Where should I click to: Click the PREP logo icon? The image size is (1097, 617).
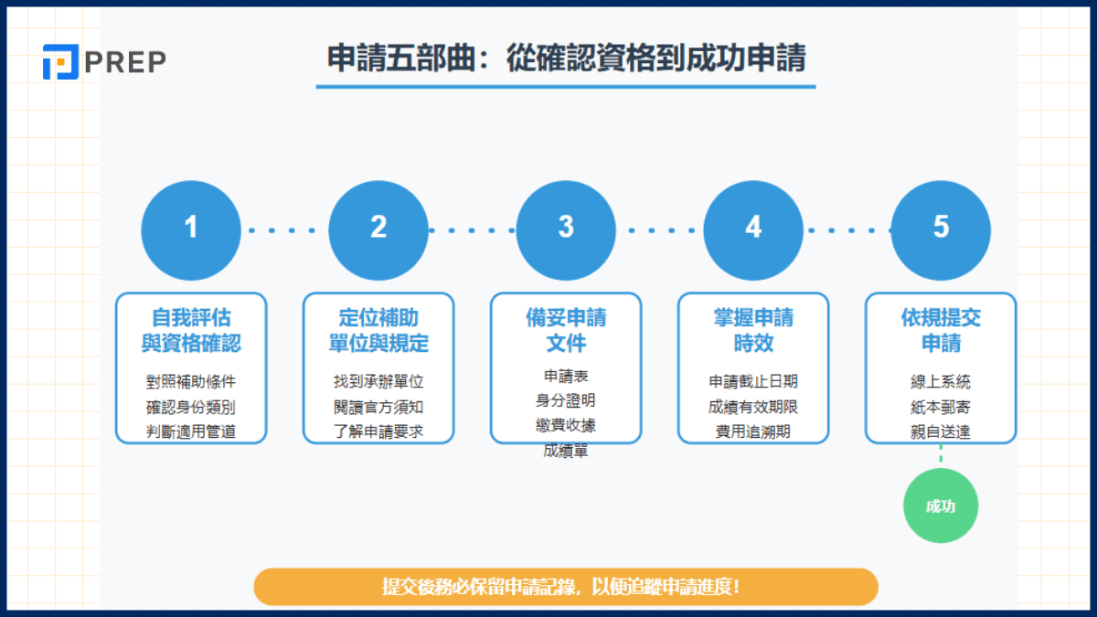click(60, 62)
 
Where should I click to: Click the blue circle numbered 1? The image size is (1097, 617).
click(191, 228)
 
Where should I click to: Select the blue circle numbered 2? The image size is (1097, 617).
click(378, 228)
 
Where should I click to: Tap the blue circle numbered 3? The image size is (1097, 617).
click(566, 228)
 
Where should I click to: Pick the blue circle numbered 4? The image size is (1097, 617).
click(753, 228)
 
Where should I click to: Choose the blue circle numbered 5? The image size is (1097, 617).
click(941, 228)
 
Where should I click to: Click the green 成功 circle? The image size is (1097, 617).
click(941, 505)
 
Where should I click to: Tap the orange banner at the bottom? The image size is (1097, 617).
click(565, 587)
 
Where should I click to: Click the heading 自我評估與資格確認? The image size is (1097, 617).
click(191, 331)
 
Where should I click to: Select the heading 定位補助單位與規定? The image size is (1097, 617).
click(378, 331)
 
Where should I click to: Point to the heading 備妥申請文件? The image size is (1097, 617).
click(566, 331)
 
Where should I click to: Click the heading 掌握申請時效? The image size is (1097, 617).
click(753, 331)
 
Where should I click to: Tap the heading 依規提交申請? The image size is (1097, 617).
click(941, 331)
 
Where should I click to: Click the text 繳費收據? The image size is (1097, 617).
click(566, 425)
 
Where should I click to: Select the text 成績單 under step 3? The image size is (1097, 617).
click(566, 450)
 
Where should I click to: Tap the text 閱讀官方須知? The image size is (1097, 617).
click(378, 407)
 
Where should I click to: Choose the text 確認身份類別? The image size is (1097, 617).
click(191, 407)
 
